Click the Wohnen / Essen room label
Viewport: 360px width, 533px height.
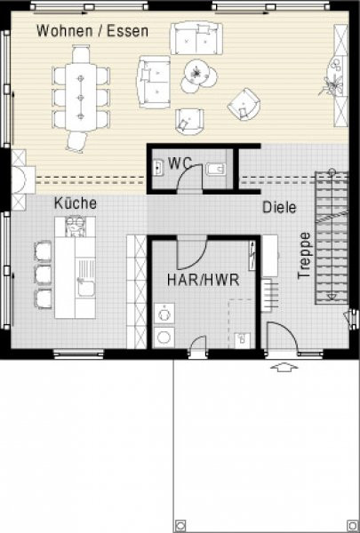(x=92, y=31)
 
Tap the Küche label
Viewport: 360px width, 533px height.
(x=76, y=203)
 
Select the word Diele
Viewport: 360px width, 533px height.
(x=279, y=207)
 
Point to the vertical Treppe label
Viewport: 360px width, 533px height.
(x=304, y=256)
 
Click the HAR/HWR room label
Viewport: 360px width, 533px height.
(x=204, y=280)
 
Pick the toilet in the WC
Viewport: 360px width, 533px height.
(x=216, y=169)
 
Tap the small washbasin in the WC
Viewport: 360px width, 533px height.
(x=158, y=168)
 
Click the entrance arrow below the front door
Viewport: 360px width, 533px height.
(x=284, y=368)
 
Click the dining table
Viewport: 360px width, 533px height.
(x=81, y=97)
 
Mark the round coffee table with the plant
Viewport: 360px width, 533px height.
(x=196, y=72)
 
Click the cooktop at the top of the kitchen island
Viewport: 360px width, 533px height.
(x=76, y=227)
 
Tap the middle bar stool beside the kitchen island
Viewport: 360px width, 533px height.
(x=43, y=274)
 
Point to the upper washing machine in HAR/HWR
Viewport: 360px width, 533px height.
(x=164, y=313)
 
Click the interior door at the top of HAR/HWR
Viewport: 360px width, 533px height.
(x=192, y=253)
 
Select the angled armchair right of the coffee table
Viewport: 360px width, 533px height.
(x=244, y=104)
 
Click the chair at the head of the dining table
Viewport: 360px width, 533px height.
(x=81, y=54)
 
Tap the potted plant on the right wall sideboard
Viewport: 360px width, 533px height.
(x=332, y=85)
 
